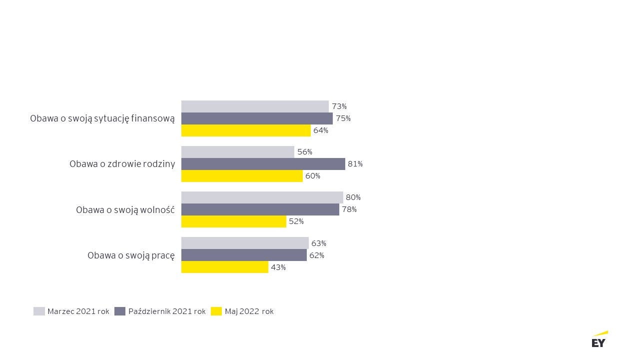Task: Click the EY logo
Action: click(599, 339)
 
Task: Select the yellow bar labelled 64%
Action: click(246, 130)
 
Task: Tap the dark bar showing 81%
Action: click(263, 164)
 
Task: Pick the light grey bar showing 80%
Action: click(262, 197)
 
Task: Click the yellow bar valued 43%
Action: click(225, 267)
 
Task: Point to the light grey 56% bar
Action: click(237, 152)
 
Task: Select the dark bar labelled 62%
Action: click(244, 255)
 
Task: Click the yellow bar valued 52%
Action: click(234, 221)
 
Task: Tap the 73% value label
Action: click(339, 106)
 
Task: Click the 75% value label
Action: click(343, 118)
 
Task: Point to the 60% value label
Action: click(313, 176)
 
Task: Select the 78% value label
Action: click(349, 209)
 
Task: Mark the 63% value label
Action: click(319, 243)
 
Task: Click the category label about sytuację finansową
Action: click(102, 118)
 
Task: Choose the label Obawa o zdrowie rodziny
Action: click(122, 164)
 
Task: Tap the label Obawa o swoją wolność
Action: click(125, 210)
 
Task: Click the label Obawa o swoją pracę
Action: click(131, 255)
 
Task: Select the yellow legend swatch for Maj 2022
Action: click(216, 311)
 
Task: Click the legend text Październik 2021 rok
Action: click(167, 311)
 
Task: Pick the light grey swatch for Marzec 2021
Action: click(39, 311)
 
